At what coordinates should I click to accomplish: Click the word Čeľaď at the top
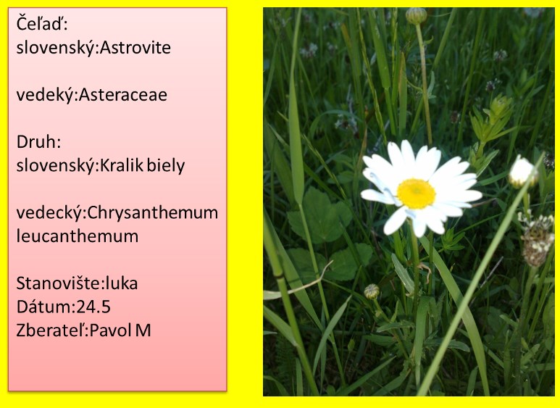[x=41, y=24]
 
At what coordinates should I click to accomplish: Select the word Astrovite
[x=135, y=48]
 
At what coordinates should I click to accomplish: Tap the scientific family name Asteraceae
[x=123, y=95]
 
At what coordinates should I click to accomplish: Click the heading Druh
[x=37, y=142]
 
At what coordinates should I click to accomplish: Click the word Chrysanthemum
[x=153, y=213]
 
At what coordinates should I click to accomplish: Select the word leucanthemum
[x=77, y=236]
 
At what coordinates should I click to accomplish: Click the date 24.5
[x=93, y=307]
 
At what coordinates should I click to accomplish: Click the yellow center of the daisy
[x=416, y=193]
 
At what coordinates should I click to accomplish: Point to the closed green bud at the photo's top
[x=416, y=16]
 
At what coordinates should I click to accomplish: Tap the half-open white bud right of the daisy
[x=522, y=172]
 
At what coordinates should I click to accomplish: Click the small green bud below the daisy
[x=372, y=291]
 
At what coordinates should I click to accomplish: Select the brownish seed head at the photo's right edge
[x=536, y=239]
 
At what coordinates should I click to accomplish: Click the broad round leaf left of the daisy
[x=319, y=216]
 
